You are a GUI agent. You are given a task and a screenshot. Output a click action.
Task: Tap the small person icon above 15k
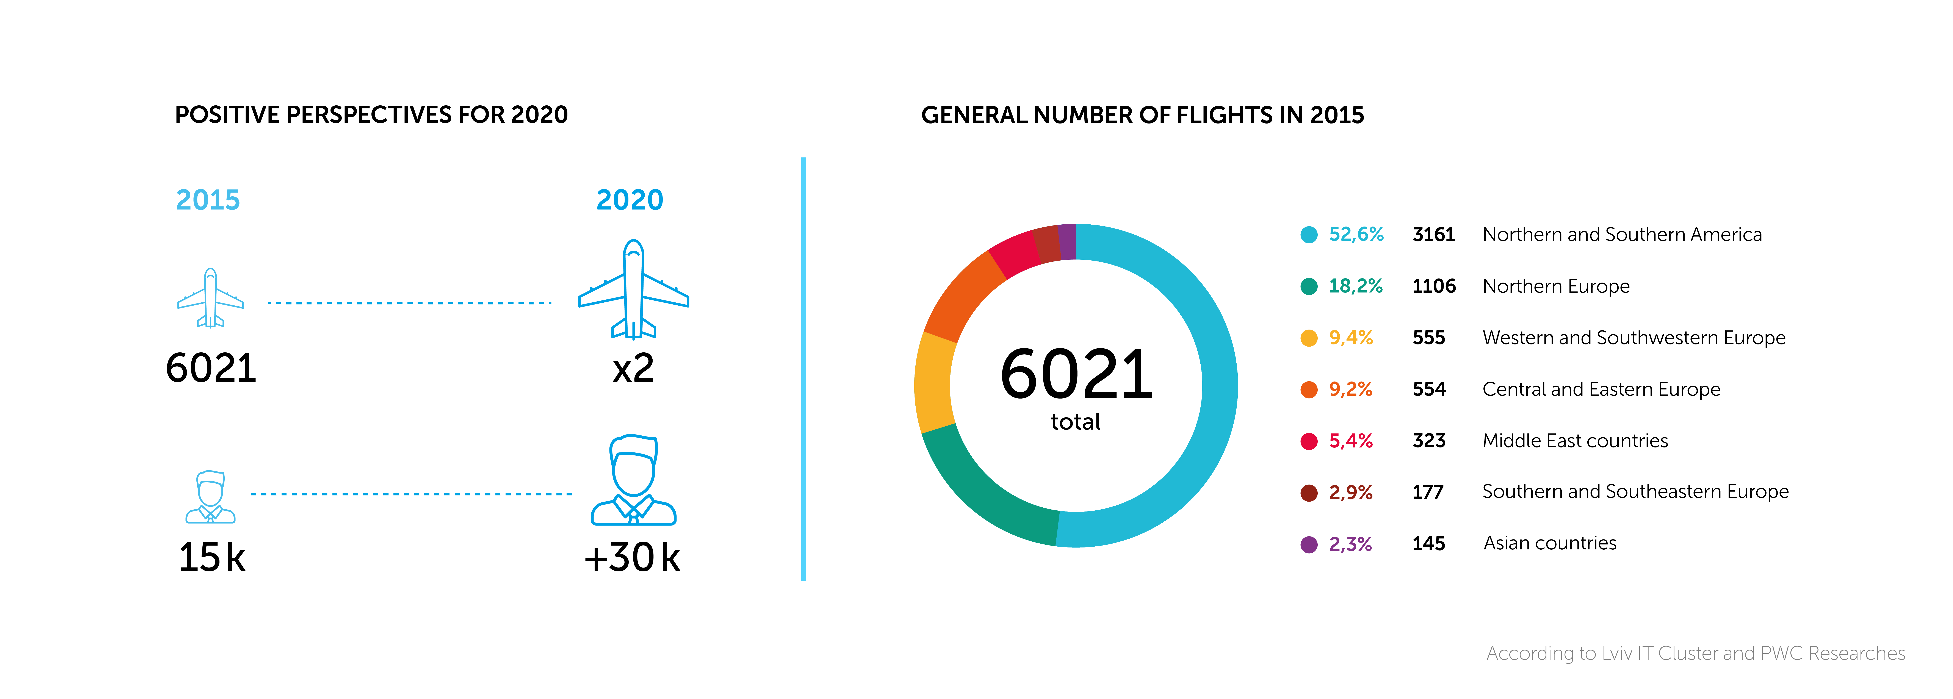pyautogui.click(x=211, y=497)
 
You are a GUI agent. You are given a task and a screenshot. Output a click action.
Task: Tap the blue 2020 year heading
pyautogui.click(x=629, y=200)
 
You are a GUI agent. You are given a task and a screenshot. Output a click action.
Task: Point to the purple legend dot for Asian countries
pyautogui.click(x=1309, y=544)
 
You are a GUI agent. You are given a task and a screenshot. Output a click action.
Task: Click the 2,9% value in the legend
pyautogui.click(x=1350, y=493)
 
